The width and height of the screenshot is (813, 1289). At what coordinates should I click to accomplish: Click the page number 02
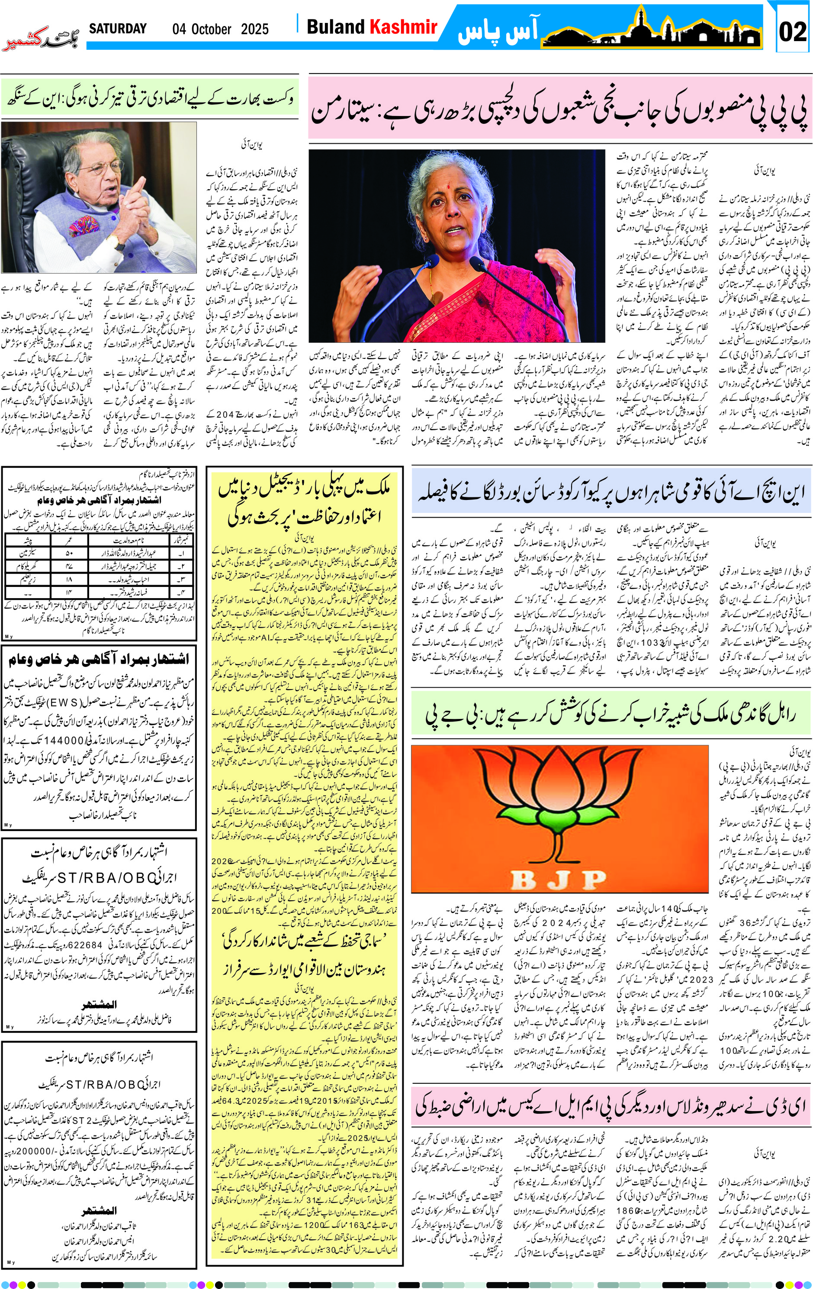pyautogui.click(x=792, y=32)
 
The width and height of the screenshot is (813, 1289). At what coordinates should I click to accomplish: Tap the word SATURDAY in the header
pyautogui.click(x=118, y=29)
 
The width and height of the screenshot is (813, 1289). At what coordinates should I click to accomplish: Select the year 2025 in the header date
pyautogui.click(x=255, y=29)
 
